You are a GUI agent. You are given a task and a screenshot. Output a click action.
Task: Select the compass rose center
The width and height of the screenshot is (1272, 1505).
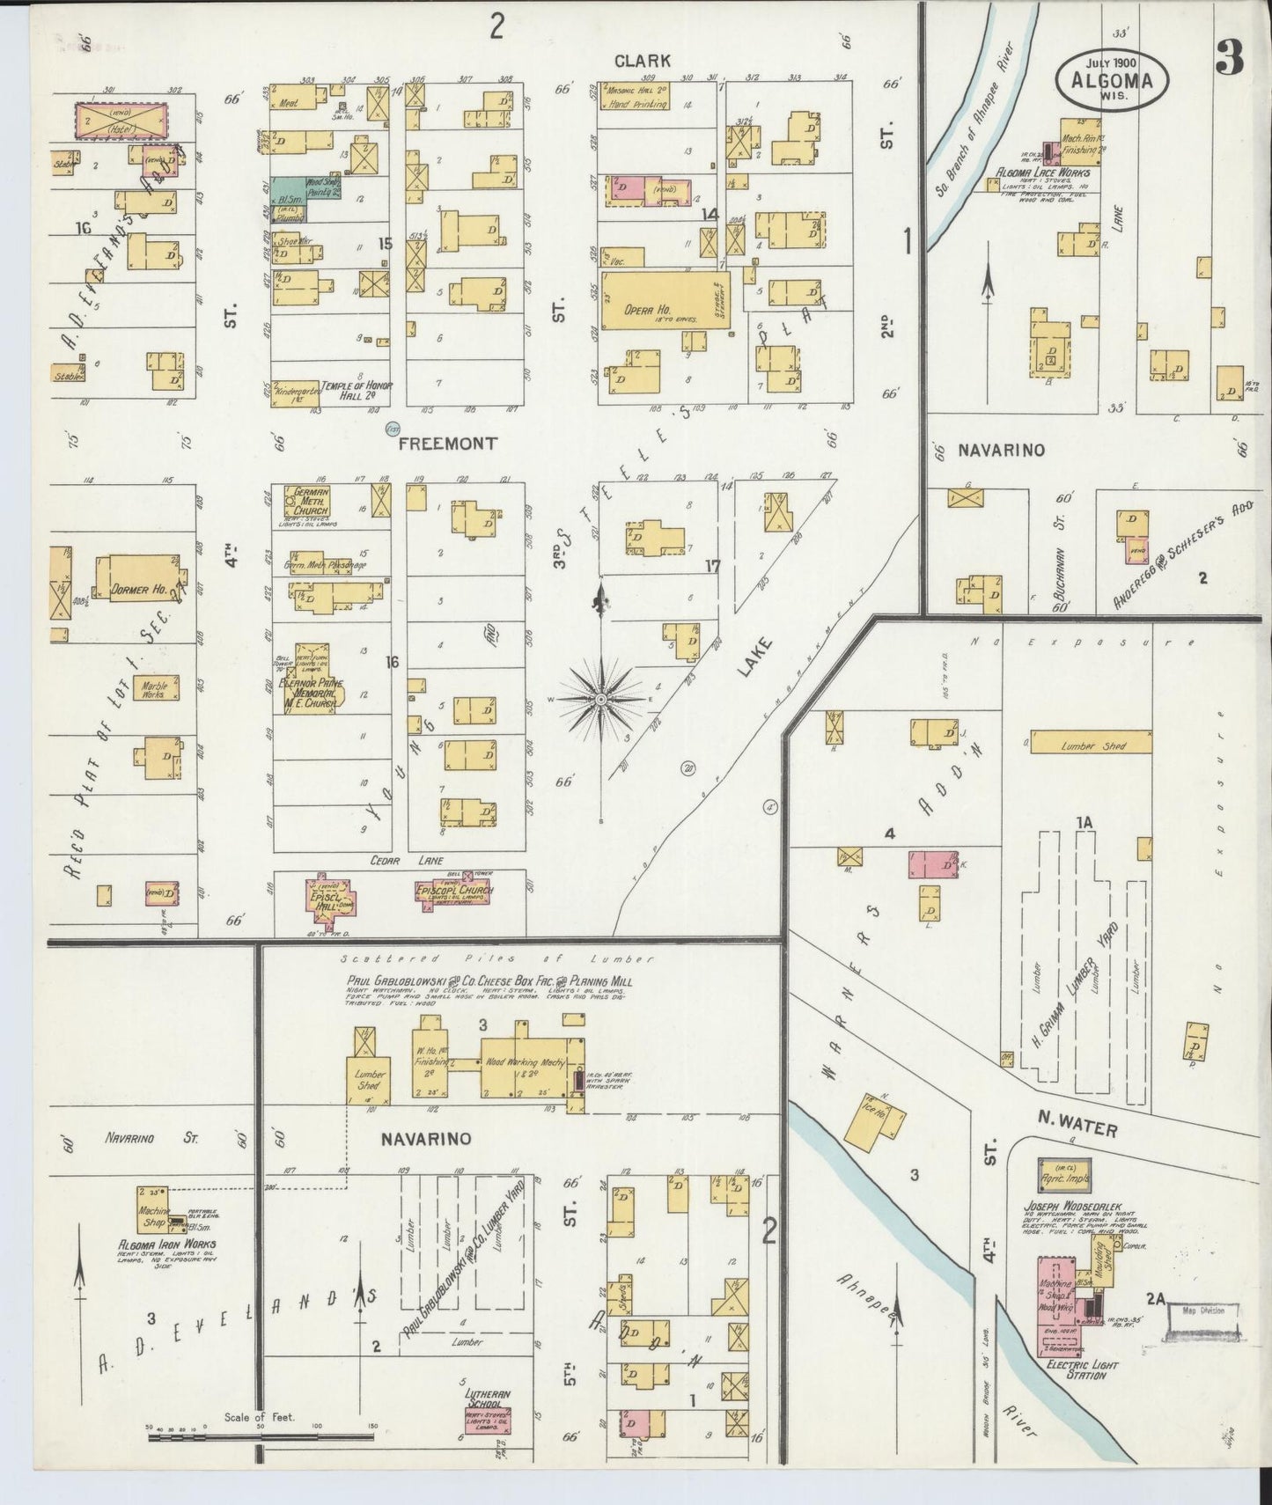601,699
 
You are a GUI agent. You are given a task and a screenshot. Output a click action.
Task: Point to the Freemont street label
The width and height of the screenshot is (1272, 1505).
447,444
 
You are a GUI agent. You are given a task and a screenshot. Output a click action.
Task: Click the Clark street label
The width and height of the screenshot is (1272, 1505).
642,61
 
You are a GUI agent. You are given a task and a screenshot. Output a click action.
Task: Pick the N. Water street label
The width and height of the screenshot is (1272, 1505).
1076,1127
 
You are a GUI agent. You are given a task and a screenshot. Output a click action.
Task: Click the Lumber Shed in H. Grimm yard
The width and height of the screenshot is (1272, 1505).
1091,744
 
